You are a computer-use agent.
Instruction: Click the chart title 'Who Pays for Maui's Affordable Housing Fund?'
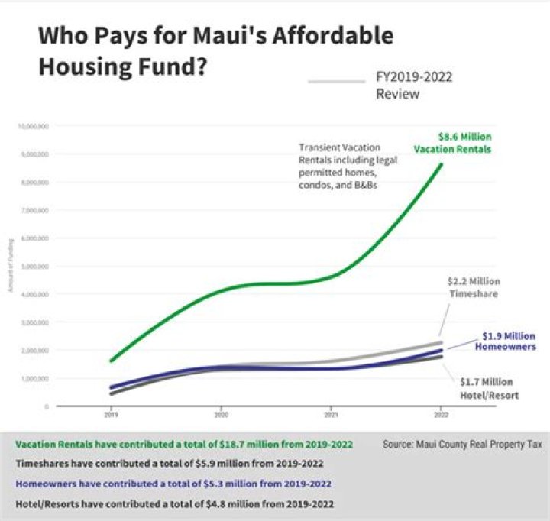point(215,50)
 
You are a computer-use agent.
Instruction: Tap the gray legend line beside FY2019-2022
point(336,80)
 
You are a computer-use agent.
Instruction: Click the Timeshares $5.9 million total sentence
point(170,463)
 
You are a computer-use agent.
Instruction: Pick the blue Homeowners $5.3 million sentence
point(173,484)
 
